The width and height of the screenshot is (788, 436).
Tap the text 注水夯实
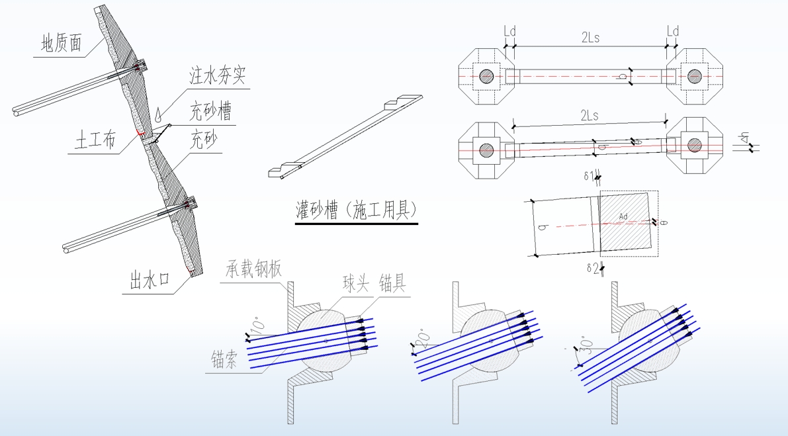pos(218,75)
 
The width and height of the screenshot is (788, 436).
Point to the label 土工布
pos(96,141)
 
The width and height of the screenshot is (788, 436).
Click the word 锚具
pos(393,284)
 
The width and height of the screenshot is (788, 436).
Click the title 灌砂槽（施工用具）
pos(356,210)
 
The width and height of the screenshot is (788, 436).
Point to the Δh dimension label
pos(744,138)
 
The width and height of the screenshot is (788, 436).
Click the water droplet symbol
pos(159,114)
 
